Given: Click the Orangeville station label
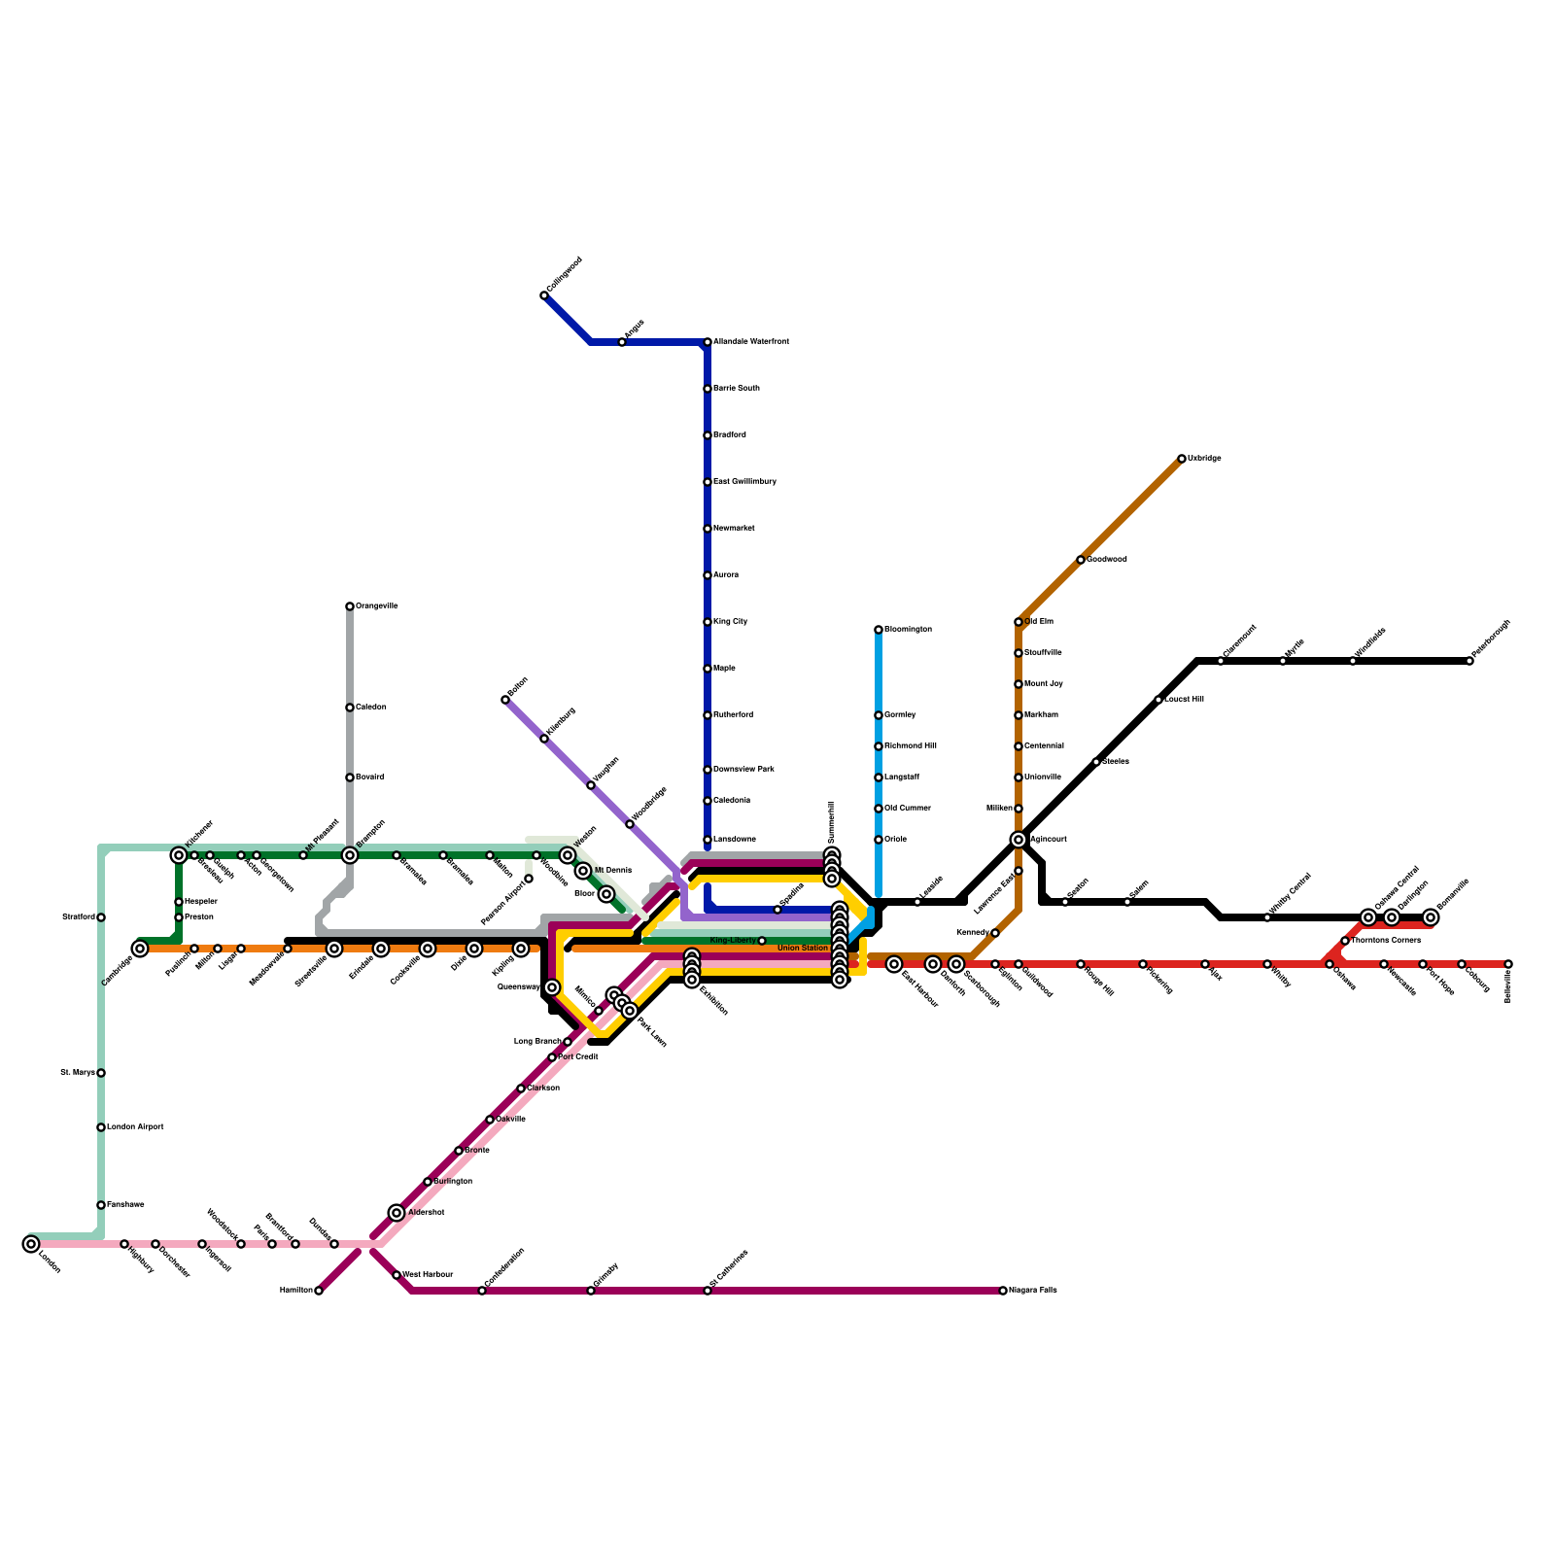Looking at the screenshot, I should coord(376,606).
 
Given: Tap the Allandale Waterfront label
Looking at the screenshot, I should coord(750,342).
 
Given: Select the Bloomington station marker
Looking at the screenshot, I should coord(879,630).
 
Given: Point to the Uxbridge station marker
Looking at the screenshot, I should coord(1182,459).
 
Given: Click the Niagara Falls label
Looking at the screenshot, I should coord(1032,1291).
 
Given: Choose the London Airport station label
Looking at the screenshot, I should coord(135,1127).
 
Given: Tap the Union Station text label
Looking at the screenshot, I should coord(803,948).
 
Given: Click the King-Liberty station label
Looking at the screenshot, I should coord(733,941).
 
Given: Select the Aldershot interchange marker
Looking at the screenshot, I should coord(397,1213).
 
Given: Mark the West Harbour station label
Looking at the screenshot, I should coord(428,1275).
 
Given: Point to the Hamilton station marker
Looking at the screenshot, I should coord(319,1291).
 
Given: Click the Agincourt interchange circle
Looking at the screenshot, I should coord(1019,840).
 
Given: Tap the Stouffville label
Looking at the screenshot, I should coord(1043,653).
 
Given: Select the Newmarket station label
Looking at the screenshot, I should coord(734,529).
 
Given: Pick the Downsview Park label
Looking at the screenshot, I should coord(743,770).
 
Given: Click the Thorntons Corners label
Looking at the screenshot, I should coord(1386,941).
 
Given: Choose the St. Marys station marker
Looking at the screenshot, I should coord(101,1073).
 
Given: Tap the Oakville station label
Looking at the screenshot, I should coord(511,1120).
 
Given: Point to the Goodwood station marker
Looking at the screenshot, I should coord(1081,560).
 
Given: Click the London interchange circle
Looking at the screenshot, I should coord(31,1244).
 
